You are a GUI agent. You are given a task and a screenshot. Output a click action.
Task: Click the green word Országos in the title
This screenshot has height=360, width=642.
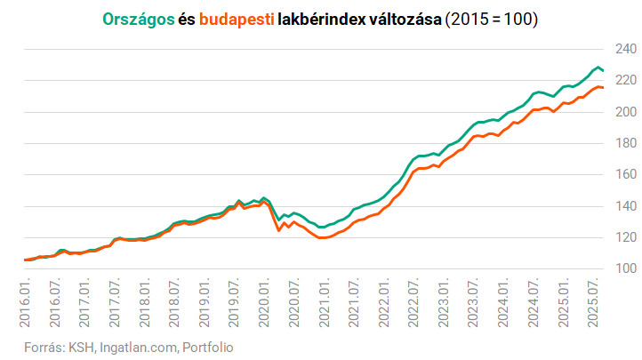pos(138,19)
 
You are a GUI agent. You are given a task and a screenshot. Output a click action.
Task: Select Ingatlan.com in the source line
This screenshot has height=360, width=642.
pos(140,347)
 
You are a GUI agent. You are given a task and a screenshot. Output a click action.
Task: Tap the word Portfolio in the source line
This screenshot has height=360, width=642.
pos(207,347)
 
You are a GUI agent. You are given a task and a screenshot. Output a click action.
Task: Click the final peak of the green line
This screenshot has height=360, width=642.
pos(597,67)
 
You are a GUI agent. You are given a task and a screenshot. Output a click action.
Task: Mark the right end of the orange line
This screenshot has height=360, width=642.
pos(603,88)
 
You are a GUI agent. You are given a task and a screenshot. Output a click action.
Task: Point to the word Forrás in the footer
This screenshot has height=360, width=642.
pos(36,347)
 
